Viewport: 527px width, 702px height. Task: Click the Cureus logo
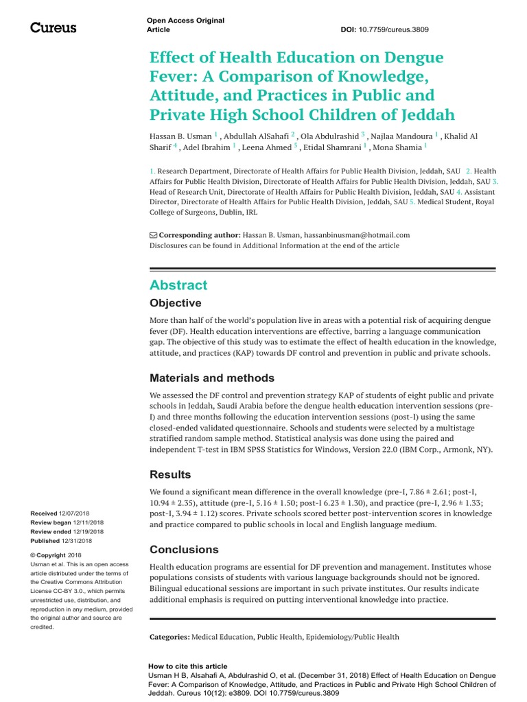53,27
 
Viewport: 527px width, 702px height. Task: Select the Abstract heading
178,285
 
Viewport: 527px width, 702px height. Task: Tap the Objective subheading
176,303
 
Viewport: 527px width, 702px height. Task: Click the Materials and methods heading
212,378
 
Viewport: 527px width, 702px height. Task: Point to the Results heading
170,474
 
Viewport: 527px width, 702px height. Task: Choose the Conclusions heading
184,550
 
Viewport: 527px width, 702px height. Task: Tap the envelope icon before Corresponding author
153,234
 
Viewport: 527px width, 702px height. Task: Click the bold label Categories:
169,637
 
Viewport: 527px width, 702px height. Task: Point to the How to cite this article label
187,666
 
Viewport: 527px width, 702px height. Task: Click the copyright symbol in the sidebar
33,555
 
